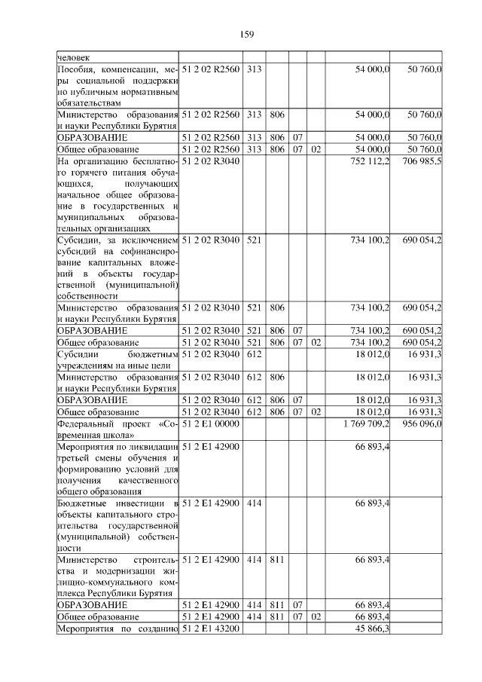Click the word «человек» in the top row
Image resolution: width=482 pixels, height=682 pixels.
(73, 56)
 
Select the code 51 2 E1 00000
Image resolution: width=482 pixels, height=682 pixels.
(210, 424)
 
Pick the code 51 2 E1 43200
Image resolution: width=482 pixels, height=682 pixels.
(210, 629)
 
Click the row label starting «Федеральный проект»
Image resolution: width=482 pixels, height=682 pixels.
(117, 430)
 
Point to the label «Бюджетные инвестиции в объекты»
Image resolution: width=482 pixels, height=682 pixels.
(117, 525)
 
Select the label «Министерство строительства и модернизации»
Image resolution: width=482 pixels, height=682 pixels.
(117, 576)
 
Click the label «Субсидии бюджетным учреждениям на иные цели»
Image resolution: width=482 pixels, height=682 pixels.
(117, 359)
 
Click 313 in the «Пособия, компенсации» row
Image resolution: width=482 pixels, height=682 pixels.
(253, 69)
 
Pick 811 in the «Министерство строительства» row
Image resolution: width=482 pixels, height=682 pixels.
(276, 559)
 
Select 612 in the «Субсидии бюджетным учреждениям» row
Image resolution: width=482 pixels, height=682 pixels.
(253, 354)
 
